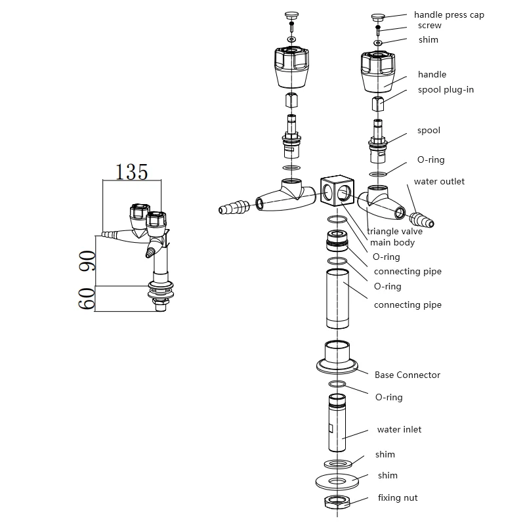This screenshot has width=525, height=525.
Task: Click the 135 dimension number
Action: coord(132,171)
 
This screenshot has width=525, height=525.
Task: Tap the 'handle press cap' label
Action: coord(449,14)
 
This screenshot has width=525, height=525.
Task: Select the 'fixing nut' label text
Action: coord(398,498)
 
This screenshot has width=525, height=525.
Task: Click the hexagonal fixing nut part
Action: coord(337,502)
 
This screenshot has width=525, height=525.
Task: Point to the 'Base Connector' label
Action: coord(408,375)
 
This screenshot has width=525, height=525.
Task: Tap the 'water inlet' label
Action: coord(399,429)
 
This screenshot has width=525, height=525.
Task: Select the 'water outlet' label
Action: coord(438,181)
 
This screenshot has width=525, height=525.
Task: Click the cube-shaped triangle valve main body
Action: coord(337,192)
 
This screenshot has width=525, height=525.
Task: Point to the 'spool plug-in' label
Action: coord(446,89)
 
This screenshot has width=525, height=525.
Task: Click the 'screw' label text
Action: coord(430,26)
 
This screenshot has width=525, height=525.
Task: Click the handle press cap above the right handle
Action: coord(379,17)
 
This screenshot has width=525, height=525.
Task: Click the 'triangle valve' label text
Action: coord(394,231)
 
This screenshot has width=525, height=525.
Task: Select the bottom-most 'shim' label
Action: coord(387,475)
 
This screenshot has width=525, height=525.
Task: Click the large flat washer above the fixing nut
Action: coord(337,481)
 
